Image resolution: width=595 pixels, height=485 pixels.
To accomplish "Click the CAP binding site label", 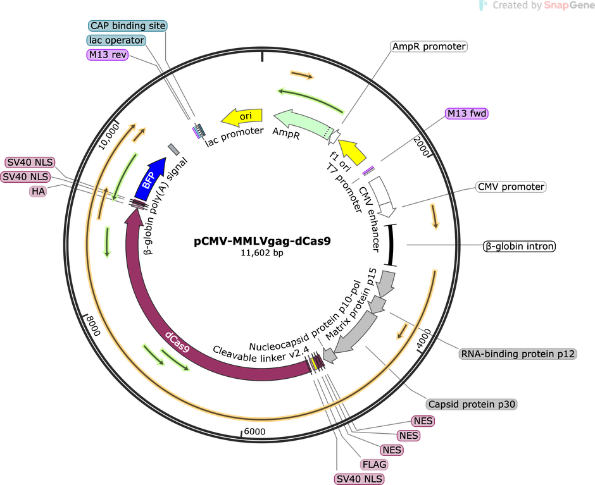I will point(128,26).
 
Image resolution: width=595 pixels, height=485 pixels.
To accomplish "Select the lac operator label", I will point(116,40).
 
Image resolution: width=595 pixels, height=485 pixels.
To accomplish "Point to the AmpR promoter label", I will point(429,47).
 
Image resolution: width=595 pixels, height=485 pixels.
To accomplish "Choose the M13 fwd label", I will point(468,113).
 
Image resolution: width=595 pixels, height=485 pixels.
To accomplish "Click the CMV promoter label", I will point(511,187).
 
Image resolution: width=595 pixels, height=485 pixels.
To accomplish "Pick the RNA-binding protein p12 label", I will point(517,354).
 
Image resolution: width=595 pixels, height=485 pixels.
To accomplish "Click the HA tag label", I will point(37,191).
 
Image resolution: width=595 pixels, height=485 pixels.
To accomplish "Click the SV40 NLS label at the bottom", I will point(360,479).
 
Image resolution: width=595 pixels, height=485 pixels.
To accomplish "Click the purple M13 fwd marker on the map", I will point(368,169).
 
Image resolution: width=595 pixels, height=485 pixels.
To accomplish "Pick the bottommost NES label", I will point(392,450).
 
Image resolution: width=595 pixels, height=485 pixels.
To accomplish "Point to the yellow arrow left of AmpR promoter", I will point(353,151).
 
